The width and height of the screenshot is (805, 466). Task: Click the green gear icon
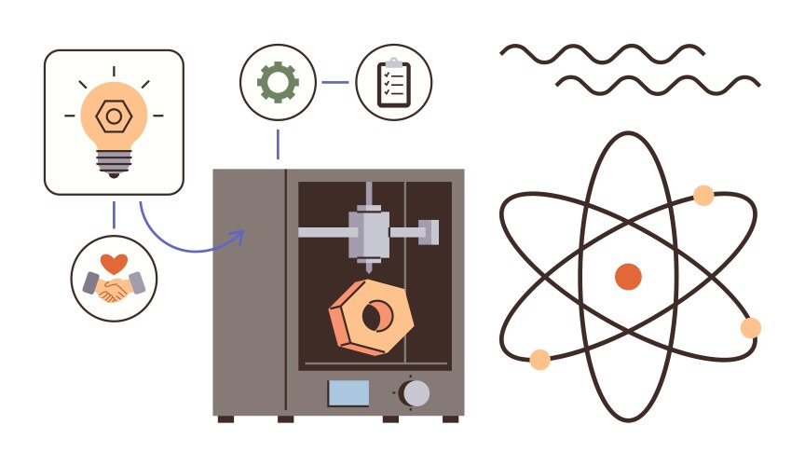coord(278,82)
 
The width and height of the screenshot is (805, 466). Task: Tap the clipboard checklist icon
coord(394,82)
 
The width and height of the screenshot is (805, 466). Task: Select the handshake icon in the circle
coord(114,286)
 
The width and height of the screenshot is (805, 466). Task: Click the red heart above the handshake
coord(114,263)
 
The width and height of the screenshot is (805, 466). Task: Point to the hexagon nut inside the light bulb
coord(114,116)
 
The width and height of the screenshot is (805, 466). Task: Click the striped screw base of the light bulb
coord(114,162)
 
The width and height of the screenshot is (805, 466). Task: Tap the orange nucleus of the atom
coord(628,276)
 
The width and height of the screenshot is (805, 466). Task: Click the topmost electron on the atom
coord(703,196)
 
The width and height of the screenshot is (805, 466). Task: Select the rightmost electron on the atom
coord(750,327)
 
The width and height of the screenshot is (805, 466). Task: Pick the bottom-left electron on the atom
coord(539,359)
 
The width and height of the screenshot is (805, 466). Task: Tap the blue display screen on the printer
coord(348,392)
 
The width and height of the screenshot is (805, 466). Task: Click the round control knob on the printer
coord(416,392)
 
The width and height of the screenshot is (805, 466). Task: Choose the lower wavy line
coord(658,85)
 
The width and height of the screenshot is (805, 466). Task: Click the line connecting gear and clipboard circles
coord(334,82)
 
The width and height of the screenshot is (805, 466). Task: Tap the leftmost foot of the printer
coord(225,419)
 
